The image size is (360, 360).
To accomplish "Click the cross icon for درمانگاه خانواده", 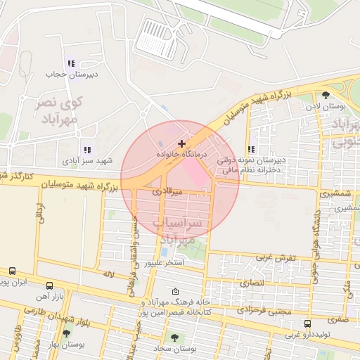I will pyautogui.click(x=182, y=143).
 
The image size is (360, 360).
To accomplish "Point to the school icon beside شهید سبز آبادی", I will pyautogui.click(x=86, y=150).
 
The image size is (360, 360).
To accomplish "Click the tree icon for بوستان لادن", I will pyautogui.click(x=325, y=96).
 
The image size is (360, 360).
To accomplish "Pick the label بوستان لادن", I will pyautogui.click(x=324, y=106).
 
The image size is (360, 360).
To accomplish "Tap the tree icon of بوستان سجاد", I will pyautogui.click(x=174, y=338).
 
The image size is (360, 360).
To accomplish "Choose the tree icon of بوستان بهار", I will pyautogui.click(x=66, y=334).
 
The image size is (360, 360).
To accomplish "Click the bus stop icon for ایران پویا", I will pyautogui.click(x=12, y=271).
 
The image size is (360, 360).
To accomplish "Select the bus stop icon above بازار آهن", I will pyautogui.click(x=49, y=285).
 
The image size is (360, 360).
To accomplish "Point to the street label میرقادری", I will pyautogui.click(x=167, y=191).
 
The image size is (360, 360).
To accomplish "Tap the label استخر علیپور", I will pyautogui.click(x=164, y=264).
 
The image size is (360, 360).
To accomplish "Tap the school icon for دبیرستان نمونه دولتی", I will pyautogui.click(x=251, y=149).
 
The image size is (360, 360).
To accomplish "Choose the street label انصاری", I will pyautogui.click(x=252, y=282).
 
